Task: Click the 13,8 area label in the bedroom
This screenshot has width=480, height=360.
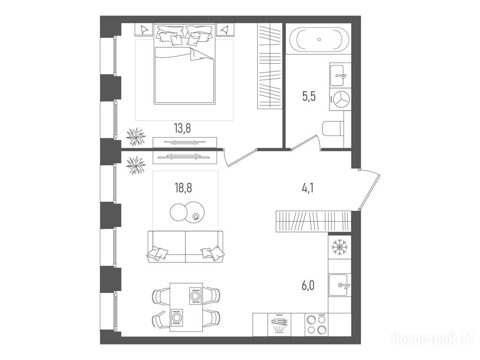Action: click(183, 128)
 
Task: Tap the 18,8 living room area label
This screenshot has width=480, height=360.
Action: click(183, 187)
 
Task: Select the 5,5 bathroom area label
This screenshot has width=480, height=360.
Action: click(309, 97)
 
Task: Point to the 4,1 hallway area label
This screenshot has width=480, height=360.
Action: click(307, 187)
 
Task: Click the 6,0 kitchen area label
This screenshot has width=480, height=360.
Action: click(307, 285)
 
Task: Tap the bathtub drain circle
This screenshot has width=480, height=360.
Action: click(319, 39)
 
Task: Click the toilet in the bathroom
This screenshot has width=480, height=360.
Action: click(333, 129)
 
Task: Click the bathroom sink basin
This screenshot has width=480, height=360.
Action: click(340, 75)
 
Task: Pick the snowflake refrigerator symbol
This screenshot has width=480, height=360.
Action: click(339, 247)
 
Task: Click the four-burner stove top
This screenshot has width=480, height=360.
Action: click(317, 324)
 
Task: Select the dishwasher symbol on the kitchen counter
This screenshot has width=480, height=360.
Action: click(279, 325)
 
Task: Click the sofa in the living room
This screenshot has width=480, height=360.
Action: click(186, 247)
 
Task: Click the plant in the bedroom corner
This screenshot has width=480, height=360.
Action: click(136, 137)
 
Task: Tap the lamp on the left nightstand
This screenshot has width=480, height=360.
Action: click(143, 30)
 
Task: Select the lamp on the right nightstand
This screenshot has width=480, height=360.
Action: click(225, 30)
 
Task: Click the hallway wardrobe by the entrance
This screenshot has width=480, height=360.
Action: click(313, 221)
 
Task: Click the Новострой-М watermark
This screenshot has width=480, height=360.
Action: click(433, 338)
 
